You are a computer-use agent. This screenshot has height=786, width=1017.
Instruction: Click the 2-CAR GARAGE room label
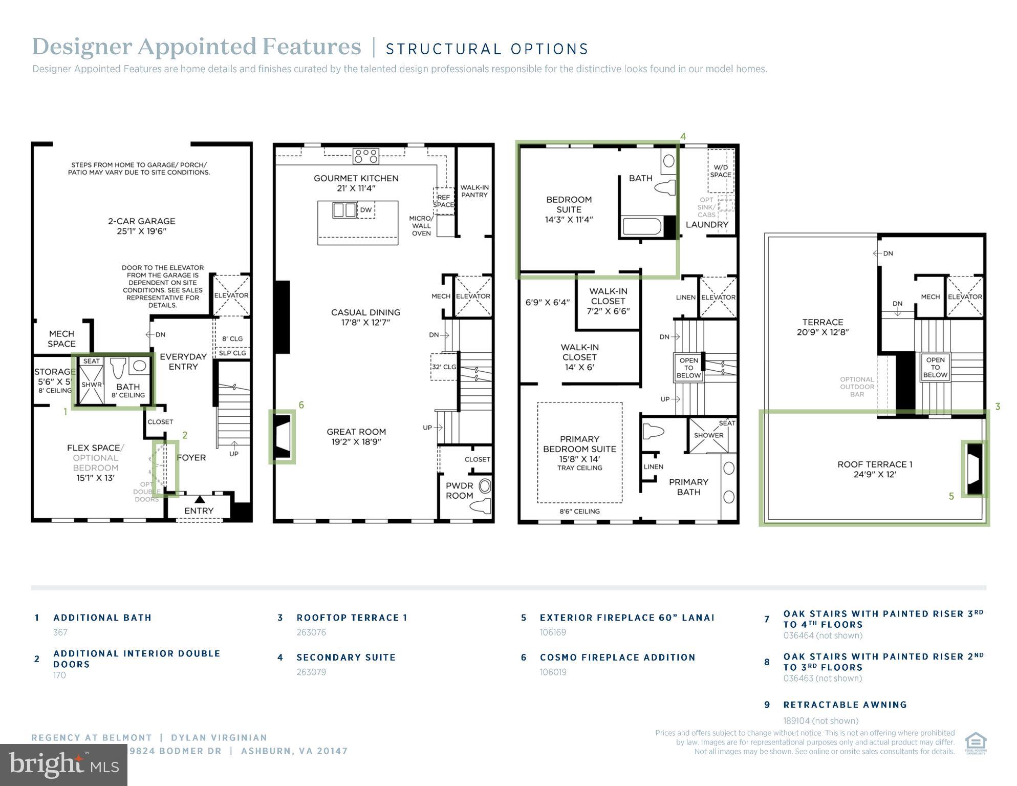pos(141,221)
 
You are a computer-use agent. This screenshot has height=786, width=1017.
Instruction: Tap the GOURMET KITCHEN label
pos(356,178)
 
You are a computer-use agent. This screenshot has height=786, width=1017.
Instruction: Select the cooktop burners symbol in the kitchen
pos(366,156)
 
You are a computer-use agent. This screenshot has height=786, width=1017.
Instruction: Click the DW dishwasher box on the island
pos(365,210)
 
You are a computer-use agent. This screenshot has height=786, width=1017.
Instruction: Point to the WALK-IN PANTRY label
pos(474,191)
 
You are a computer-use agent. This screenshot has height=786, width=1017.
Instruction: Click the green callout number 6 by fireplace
pos(301,405)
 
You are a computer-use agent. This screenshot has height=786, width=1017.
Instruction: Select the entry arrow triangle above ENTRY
pos(200,499)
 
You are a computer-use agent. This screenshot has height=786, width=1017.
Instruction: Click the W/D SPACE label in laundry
pos(720,171)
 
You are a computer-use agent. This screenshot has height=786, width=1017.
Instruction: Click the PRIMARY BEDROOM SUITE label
pos(579,444)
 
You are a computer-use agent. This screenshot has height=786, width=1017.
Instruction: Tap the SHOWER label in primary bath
pos(708,435)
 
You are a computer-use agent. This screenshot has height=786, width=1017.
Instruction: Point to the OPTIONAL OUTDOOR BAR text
pos(857,387)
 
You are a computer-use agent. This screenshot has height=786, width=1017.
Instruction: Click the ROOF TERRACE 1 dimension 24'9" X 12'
pos(875,475)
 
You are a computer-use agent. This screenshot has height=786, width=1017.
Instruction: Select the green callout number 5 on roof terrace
pos(951,496)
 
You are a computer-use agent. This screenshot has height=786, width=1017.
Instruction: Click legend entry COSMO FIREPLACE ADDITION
pos(617,657)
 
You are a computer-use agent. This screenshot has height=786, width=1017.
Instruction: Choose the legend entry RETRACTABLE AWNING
pos(845,705)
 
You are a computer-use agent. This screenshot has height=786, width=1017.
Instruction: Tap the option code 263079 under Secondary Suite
pos(311,672)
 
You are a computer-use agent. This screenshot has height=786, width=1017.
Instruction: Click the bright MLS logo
pos(63,765)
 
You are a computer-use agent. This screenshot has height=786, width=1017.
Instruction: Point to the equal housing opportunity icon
pos(976,743)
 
